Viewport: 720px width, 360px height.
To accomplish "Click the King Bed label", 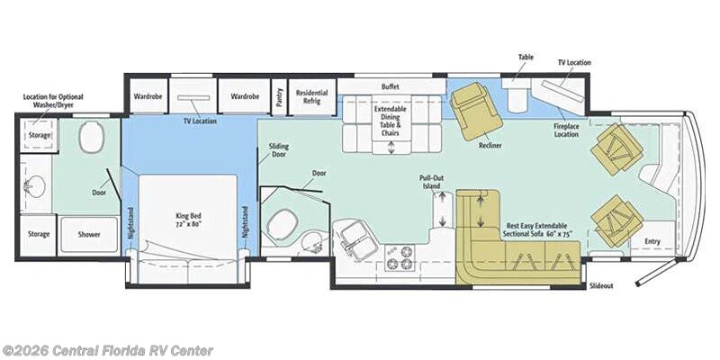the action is (x=188, y=220).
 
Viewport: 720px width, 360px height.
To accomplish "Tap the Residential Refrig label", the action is (x=311, y=96).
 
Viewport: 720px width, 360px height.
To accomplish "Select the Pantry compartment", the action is (x=279, y=96).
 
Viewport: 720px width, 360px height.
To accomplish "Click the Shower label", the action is (x=88, y=234).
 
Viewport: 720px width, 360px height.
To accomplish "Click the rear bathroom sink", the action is (x=33, y=186).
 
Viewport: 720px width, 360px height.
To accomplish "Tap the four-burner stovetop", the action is (x=399, y=257).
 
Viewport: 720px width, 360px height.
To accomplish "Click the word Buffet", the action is (x=391, y=86).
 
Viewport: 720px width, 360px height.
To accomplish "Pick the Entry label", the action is (x=652, y=241).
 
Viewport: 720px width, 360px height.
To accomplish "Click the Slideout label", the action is (x=601, y=285).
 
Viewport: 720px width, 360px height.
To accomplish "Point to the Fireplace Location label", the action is (x=566, y=130).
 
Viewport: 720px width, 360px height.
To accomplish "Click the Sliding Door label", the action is (x=279, y=150).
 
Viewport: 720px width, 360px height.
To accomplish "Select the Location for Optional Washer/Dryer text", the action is (x=53, y=101).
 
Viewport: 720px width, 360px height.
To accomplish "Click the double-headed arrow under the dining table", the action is (x=391, y=148).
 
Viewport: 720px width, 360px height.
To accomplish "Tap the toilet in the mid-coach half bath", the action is (x=283, y=224).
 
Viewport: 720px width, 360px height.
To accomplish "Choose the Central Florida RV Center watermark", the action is (x=107, y=351).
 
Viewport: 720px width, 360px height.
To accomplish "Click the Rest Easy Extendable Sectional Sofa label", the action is (x=536, y=230).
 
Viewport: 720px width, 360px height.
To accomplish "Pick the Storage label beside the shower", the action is (x=39, y=234).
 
